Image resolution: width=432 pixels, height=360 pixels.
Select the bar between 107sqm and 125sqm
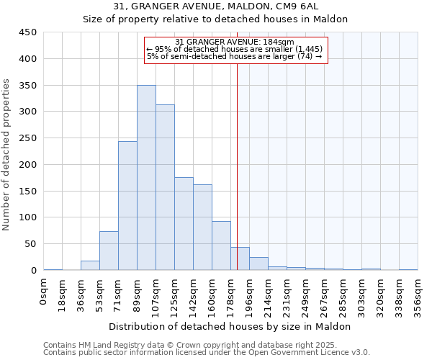(165, 187)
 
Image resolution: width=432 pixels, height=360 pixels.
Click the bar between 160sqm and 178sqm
(221, 246)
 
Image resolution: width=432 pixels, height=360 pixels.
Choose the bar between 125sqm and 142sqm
(184, 224)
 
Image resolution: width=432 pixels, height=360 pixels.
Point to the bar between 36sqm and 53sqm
(90, 266)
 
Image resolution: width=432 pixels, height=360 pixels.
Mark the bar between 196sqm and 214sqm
(258, 264)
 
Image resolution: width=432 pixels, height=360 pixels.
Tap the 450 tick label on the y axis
(28, 32)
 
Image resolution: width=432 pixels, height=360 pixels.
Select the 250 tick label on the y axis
(28, 138)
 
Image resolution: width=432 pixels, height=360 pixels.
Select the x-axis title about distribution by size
(230, 326)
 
